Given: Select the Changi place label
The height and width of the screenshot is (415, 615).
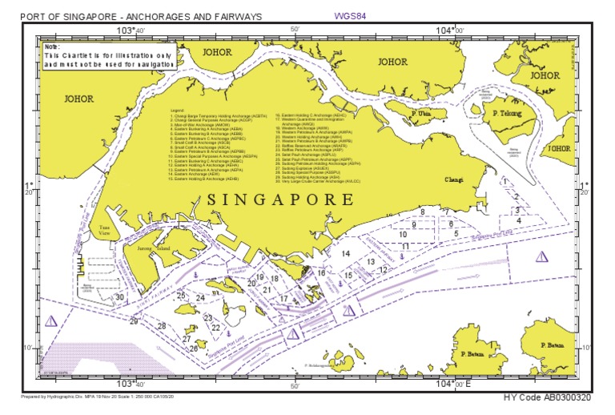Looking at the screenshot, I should (454, 179).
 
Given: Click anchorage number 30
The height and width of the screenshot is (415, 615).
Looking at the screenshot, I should (119, 296).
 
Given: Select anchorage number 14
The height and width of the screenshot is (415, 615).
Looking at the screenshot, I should (346, 254).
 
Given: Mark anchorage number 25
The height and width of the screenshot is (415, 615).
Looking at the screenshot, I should (182, 296).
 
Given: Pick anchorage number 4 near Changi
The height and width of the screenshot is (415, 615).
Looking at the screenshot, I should (519, 220).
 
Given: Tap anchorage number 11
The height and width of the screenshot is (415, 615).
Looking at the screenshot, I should (406, 245).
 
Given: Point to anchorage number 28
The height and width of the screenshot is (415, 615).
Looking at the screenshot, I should (162, 326).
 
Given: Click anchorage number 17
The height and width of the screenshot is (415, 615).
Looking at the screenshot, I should (283, 299).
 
